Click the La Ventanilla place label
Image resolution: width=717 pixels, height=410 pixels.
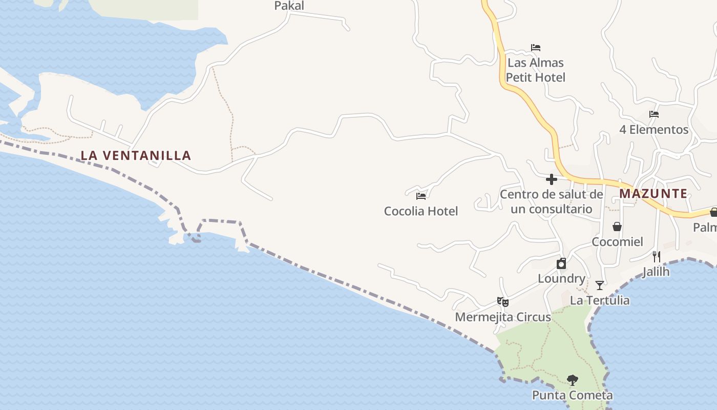136,155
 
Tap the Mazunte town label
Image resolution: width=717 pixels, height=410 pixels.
653,194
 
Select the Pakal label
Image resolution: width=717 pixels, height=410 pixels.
289,6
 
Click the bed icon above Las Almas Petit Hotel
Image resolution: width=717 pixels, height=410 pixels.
536,48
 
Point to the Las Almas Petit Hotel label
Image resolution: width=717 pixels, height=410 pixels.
535,70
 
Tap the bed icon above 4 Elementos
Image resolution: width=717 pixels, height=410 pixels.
654,114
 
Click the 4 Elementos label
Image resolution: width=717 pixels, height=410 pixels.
653,130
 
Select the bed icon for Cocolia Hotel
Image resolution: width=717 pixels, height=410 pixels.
421,196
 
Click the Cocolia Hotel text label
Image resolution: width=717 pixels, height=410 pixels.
421,211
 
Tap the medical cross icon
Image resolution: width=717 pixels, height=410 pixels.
552,179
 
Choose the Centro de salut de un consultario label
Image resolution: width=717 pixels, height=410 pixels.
551,202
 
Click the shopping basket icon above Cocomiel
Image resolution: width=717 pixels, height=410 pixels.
617,227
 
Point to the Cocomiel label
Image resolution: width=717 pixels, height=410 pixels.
617,242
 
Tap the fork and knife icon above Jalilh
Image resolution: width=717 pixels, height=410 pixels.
656,256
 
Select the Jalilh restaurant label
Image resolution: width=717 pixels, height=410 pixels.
656,272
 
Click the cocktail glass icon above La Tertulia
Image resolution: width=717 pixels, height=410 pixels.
600,285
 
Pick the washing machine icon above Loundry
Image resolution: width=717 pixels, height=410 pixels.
561,263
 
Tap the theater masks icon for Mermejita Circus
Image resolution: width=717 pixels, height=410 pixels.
503,302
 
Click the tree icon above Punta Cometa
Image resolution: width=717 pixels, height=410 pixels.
573,380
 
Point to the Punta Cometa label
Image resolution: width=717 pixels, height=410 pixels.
572,396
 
